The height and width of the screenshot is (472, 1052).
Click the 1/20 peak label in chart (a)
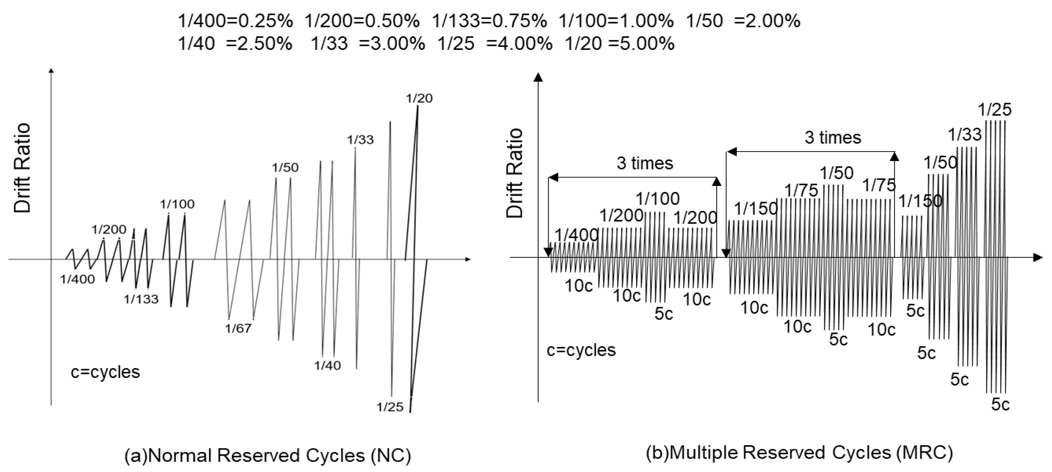tap(419, 98)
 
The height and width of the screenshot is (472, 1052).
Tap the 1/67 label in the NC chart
tap(239, 328)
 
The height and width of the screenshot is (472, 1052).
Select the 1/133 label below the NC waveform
tap(141, 299)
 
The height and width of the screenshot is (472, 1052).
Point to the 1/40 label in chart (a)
tap(327, 365)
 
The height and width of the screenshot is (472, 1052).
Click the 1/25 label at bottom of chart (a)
tap(390, 407)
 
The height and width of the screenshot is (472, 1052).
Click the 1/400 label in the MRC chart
tap(576, 235)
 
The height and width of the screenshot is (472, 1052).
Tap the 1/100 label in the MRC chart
tap(658, 199)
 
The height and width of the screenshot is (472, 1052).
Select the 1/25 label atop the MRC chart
tap(994, 110)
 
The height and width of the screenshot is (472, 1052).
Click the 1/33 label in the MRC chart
tap(965, 135)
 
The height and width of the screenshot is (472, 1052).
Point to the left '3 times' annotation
tap(644, 163)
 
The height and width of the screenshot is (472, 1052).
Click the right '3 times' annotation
tap(833, 138)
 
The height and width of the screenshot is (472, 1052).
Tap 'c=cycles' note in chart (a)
tap(106, 372)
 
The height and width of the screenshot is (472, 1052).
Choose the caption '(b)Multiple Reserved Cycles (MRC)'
tap(799, 453)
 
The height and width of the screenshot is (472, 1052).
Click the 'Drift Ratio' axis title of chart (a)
tap(22, 168)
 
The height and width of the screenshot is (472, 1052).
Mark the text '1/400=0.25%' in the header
tap(235, 21)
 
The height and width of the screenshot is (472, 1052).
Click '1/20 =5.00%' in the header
tap(619, 44)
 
